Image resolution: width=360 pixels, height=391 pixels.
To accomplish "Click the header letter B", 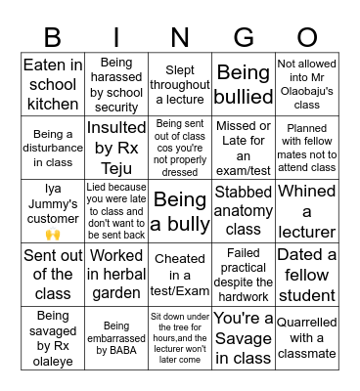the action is pyautogui.click(x=53, y=36).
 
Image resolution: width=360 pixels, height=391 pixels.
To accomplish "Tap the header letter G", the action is pyautogui.click(x=244, y=36).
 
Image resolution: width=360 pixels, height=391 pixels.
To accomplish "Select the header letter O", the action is pyautogui.click(x=306, y=36).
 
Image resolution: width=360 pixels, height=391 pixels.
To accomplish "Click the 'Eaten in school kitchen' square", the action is pyautogui.click(x=53, y=85).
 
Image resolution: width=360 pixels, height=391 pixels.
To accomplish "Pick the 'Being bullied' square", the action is pyautogui.click(x=244, y=85).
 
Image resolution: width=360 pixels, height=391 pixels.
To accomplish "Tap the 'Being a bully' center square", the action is pyautogui.click(x=180, y=212).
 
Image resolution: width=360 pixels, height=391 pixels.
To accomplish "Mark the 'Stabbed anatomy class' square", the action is pyautogui.click(x=244, y=212).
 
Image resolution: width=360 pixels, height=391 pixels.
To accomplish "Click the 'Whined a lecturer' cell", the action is pyautogui.click(x=306, y=212).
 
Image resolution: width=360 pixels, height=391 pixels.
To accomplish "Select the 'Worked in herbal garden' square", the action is pyautogui.click(x=116, y=275).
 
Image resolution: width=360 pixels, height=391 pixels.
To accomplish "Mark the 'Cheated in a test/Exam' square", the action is pyautogui.click(x=180, y=275).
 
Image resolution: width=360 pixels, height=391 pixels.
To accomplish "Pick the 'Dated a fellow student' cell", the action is pyautogui.click(x=306, y=275).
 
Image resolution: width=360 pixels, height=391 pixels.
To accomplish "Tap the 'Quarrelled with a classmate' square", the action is pyautogui.click(x=306, y=338).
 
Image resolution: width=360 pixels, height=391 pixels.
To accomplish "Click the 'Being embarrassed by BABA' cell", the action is pyautogui.click(x=116, y=338).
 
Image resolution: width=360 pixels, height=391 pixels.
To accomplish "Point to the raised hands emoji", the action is pyautogui.click(x=53, y=235).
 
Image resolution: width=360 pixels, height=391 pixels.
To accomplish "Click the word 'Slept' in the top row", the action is pyautogui.click(x=180, y=71).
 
